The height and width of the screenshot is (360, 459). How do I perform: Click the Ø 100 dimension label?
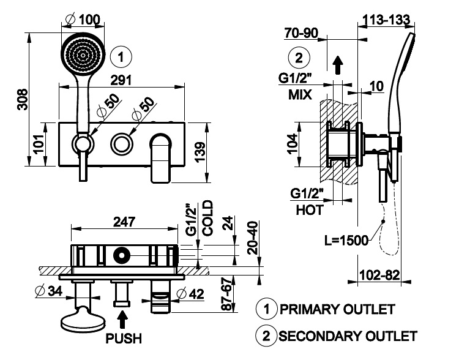(83, 20)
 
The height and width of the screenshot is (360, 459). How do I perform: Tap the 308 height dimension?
(23, 99)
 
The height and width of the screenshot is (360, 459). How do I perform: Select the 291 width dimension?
(121, 80)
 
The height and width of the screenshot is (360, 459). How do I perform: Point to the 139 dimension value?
(200, 152)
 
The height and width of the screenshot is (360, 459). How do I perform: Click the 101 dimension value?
(39, 144)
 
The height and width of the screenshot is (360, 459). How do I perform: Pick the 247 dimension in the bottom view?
(124, 222)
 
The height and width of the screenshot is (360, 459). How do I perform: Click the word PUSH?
(124, 339)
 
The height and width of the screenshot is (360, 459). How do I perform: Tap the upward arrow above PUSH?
(122, 320)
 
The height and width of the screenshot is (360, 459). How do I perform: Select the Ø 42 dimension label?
(190, 294)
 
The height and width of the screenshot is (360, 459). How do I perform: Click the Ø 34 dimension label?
(49, 291)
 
